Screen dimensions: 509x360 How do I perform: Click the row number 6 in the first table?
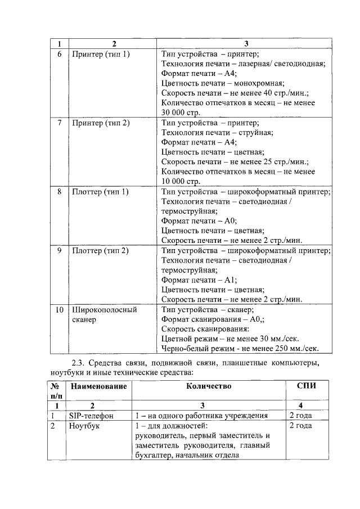[x=60, y=55]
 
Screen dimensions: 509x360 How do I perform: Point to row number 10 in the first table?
[x=60, y=309]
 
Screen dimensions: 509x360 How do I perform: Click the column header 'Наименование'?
[x=98, y=386]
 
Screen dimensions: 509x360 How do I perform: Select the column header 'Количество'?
[x=208, y=386]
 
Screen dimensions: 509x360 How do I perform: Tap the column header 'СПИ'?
[x=305, y=386]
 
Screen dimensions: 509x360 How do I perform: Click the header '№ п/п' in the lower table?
[x=56, y=391]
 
